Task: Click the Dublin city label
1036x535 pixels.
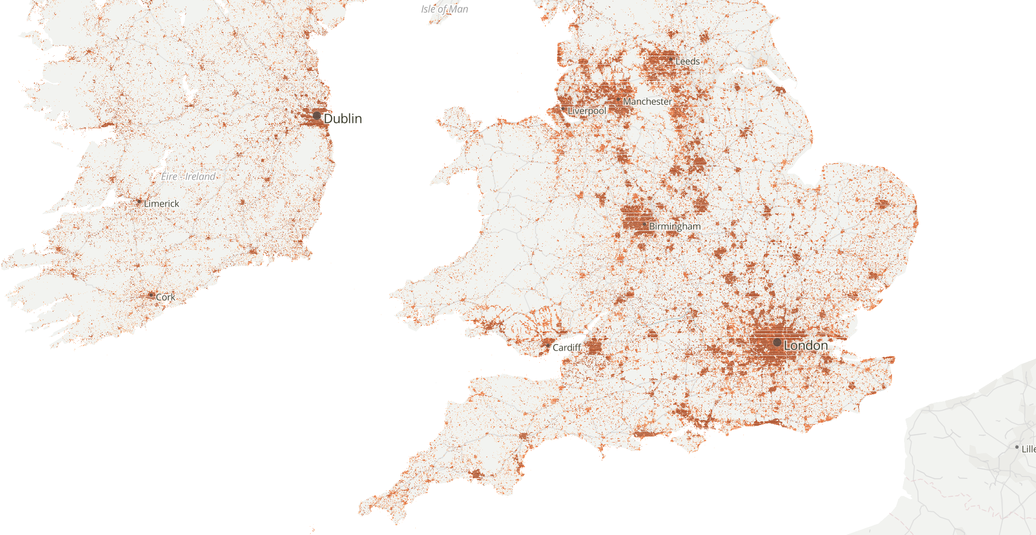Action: (342, 118)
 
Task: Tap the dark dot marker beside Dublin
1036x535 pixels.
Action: (317, 115)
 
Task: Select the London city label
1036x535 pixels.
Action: (806, 346)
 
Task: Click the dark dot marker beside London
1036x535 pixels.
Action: (777, 342)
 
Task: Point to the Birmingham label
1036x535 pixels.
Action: (675, 226)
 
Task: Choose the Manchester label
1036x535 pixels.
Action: (647, 101)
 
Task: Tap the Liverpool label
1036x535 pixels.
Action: (587, 111)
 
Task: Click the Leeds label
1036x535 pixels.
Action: (688, 61)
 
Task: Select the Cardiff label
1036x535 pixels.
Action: (567, 347)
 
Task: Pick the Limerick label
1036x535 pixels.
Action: (161, 203)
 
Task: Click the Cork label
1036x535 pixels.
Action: (165, 297)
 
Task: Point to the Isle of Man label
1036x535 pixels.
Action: (445, 9)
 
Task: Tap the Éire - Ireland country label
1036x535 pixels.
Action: (189, 176)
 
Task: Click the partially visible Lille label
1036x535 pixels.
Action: (1028, 449)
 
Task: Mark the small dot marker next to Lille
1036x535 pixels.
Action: (1017, 447)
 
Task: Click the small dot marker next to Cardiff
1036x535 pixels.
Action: (548, 346)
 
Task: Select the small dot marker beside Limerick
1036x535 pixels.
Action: (139, 202)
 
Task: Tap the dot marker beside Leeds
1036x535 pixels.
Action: (671, 59)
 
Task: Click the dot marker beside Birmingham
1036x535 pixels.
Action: (644, 224)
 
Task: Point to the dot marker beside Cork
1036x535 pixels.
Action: (151, 295)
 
